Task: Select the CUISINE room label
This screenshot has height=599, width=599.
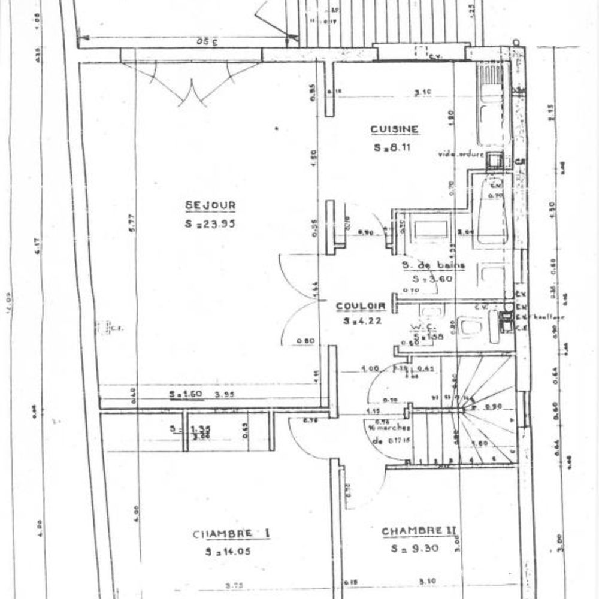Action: click(394, 129)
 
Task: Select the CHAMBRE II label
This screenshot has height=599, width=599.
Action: click(419, 531)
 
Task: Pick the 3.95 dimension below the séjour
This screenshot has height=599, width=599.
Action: click(223, 394)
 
